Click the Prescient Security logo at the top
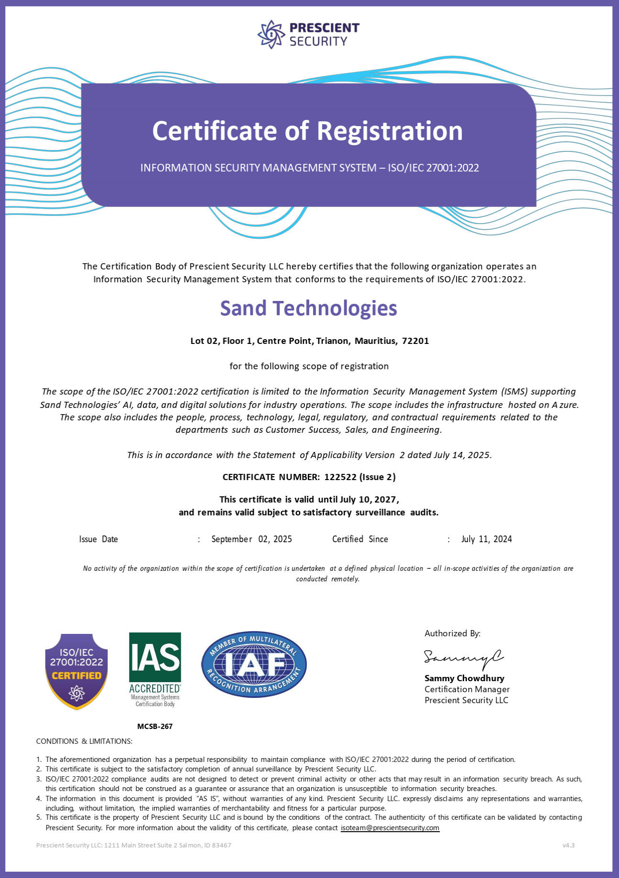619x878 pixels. [x=308, y=34]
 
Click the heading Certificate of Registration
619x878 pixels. [x=307, y=131]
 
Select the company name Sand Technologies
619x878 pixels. [x=308, y=309]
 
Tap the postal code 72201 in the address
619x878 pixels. [x=415, y=341]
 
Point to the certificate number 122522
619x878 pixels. [x=339, y=477]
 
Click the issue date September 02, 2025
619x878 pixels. [x=251, y=539]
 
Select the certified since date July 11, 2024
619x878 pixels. [x=486, y=539]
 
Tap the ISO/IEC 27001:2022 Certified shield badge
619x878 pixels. [x=76, y=671]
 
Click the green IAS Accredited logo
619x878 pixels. [x=155, y=669]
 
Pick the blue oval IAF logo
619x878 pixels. [x=254, y=664]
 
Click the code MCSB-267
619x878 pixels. [x=155, y=727]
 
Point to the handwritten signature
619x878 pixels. [x=463, y=658]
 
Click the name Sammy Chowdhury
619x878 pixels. [x=464, y=678]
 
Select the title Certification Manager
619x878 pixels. [x=467, y=689]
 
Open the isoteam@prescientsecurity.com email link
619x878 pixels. [x=390, y=828]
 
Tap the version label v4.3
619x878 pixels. [x=568, y=845]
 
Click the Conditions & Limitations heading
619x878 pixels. [x=84, y=741]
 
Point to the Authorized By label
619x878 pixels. [x=452, y=633]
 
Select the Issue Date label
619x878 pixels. [x=98, y=539]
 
